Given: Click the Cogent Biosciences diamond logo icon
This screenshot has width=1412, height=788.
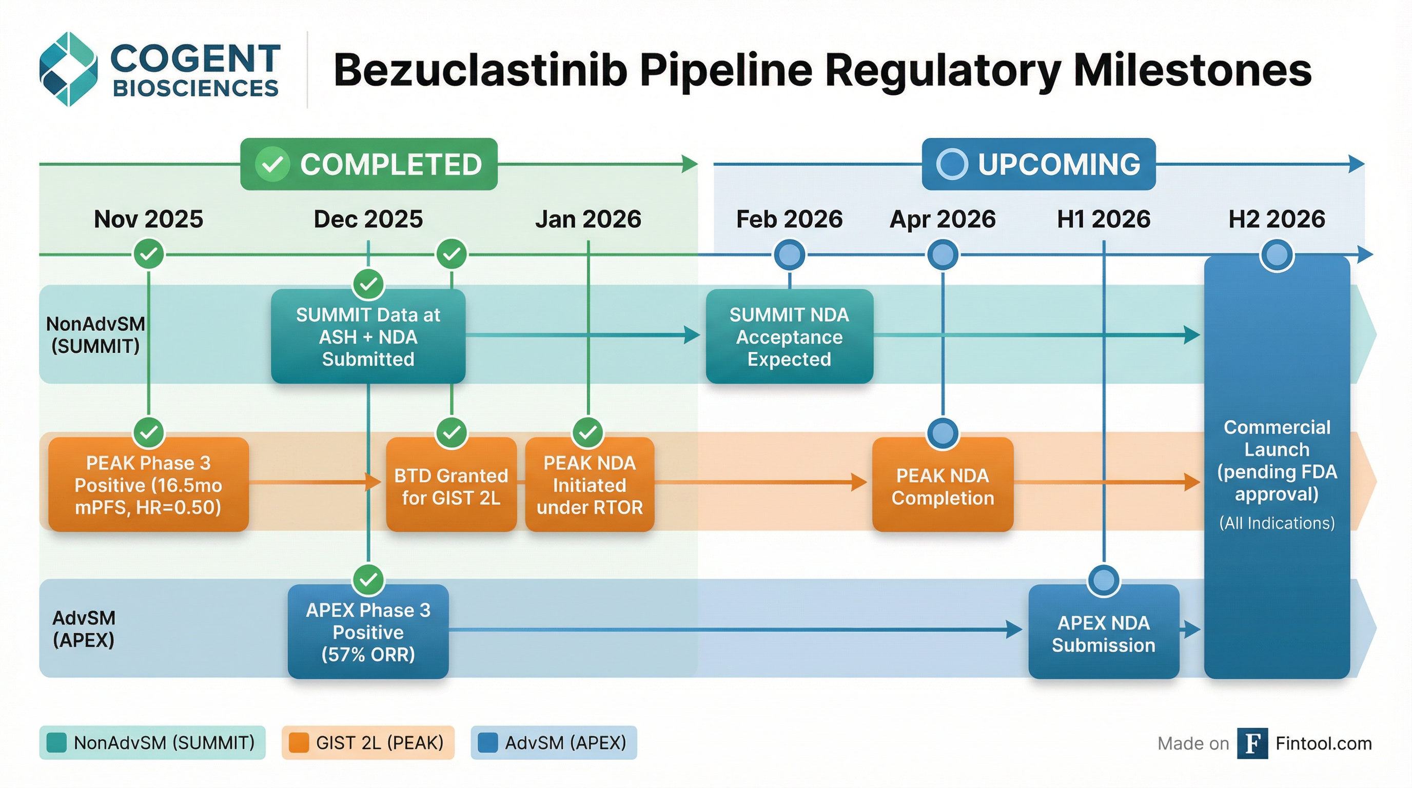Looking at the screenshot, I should point(69,69).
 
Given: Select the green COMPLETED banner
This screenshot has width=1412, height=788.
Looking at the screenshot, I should point(369,164).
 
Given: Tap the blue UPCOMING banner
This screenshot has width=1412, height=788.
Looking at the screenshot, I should point(1038,164).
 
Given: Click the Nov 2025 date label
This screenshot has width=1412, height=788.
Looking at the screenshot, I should point(149,219).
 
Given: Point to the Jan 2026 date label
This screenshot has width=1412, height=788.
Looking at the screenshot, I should point(588,219).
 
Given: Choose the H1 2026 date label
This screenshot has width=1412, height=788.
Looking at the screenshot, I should point(1104,219).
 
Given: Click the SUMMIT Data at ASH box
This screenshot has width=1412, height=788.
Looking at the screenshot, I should point(368,337).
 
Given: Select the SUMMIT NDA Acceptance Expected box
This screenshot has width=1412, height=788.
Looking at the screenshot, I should point(789,337).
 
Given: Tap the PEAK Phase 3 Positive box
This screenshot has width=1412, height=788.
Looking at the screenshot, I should point(149,484).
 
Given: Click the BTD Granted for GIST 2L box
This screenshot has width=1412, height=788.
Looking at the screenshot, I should point(451,485).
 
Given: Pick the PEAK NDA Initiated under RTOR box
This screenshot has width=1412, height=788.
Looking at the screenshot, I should point(589,484).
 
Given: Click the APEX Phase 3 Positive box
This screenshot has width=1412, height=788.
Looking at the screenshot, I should point(368,632).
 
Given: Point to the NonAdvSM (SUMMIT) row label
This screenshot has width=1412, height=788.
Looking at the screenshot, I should point(95,335).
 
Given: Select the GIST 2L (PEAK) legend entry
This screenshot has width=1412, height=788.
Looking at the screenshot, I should point(368,742).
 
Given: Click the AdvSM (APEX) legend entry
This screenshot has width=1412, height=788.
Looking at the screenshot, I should point(554,742).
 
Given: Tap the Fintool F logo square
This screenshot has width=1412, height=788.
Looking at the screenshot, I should point(1252,743).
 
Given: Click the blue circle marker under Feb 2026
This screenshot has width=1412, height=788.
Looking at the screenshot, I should point(789,254).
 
